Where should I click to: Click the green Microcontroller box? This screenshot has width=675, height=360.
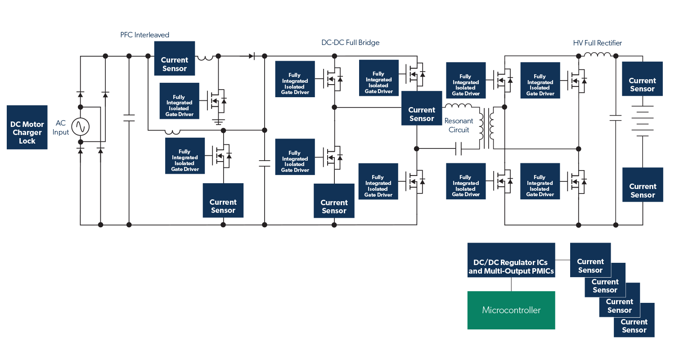pos(511,310)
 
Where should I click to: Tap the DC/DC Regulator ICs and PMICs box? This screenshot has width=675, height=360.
pos(511,266)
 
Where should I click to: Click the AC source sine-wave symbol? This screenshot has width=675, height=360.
pos(81,127)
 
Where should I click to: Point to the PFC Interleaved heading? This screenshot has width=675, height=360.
pos(144,35)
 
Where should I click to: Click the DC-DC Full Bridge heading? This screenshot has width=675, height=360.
pos(350,43)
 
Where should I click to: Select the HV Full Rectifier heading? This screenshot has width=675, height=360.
pos(597,43)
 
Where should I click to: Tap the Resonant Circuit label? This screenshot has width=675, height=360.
pos(459,126)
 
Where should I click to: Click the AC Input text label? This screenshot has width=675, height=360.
pos(61,127)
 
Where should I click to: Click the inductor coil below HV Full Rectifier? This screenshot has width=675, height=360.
pos(597,55)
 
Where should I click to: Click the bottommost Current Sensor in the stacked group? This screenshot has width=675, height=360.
pos(634,326)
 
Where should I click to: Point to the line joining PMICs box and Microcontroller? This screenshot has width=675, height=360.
pos(511,284)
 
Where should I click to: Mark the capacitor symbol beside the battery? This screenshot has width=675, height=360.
pos(615,118)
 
